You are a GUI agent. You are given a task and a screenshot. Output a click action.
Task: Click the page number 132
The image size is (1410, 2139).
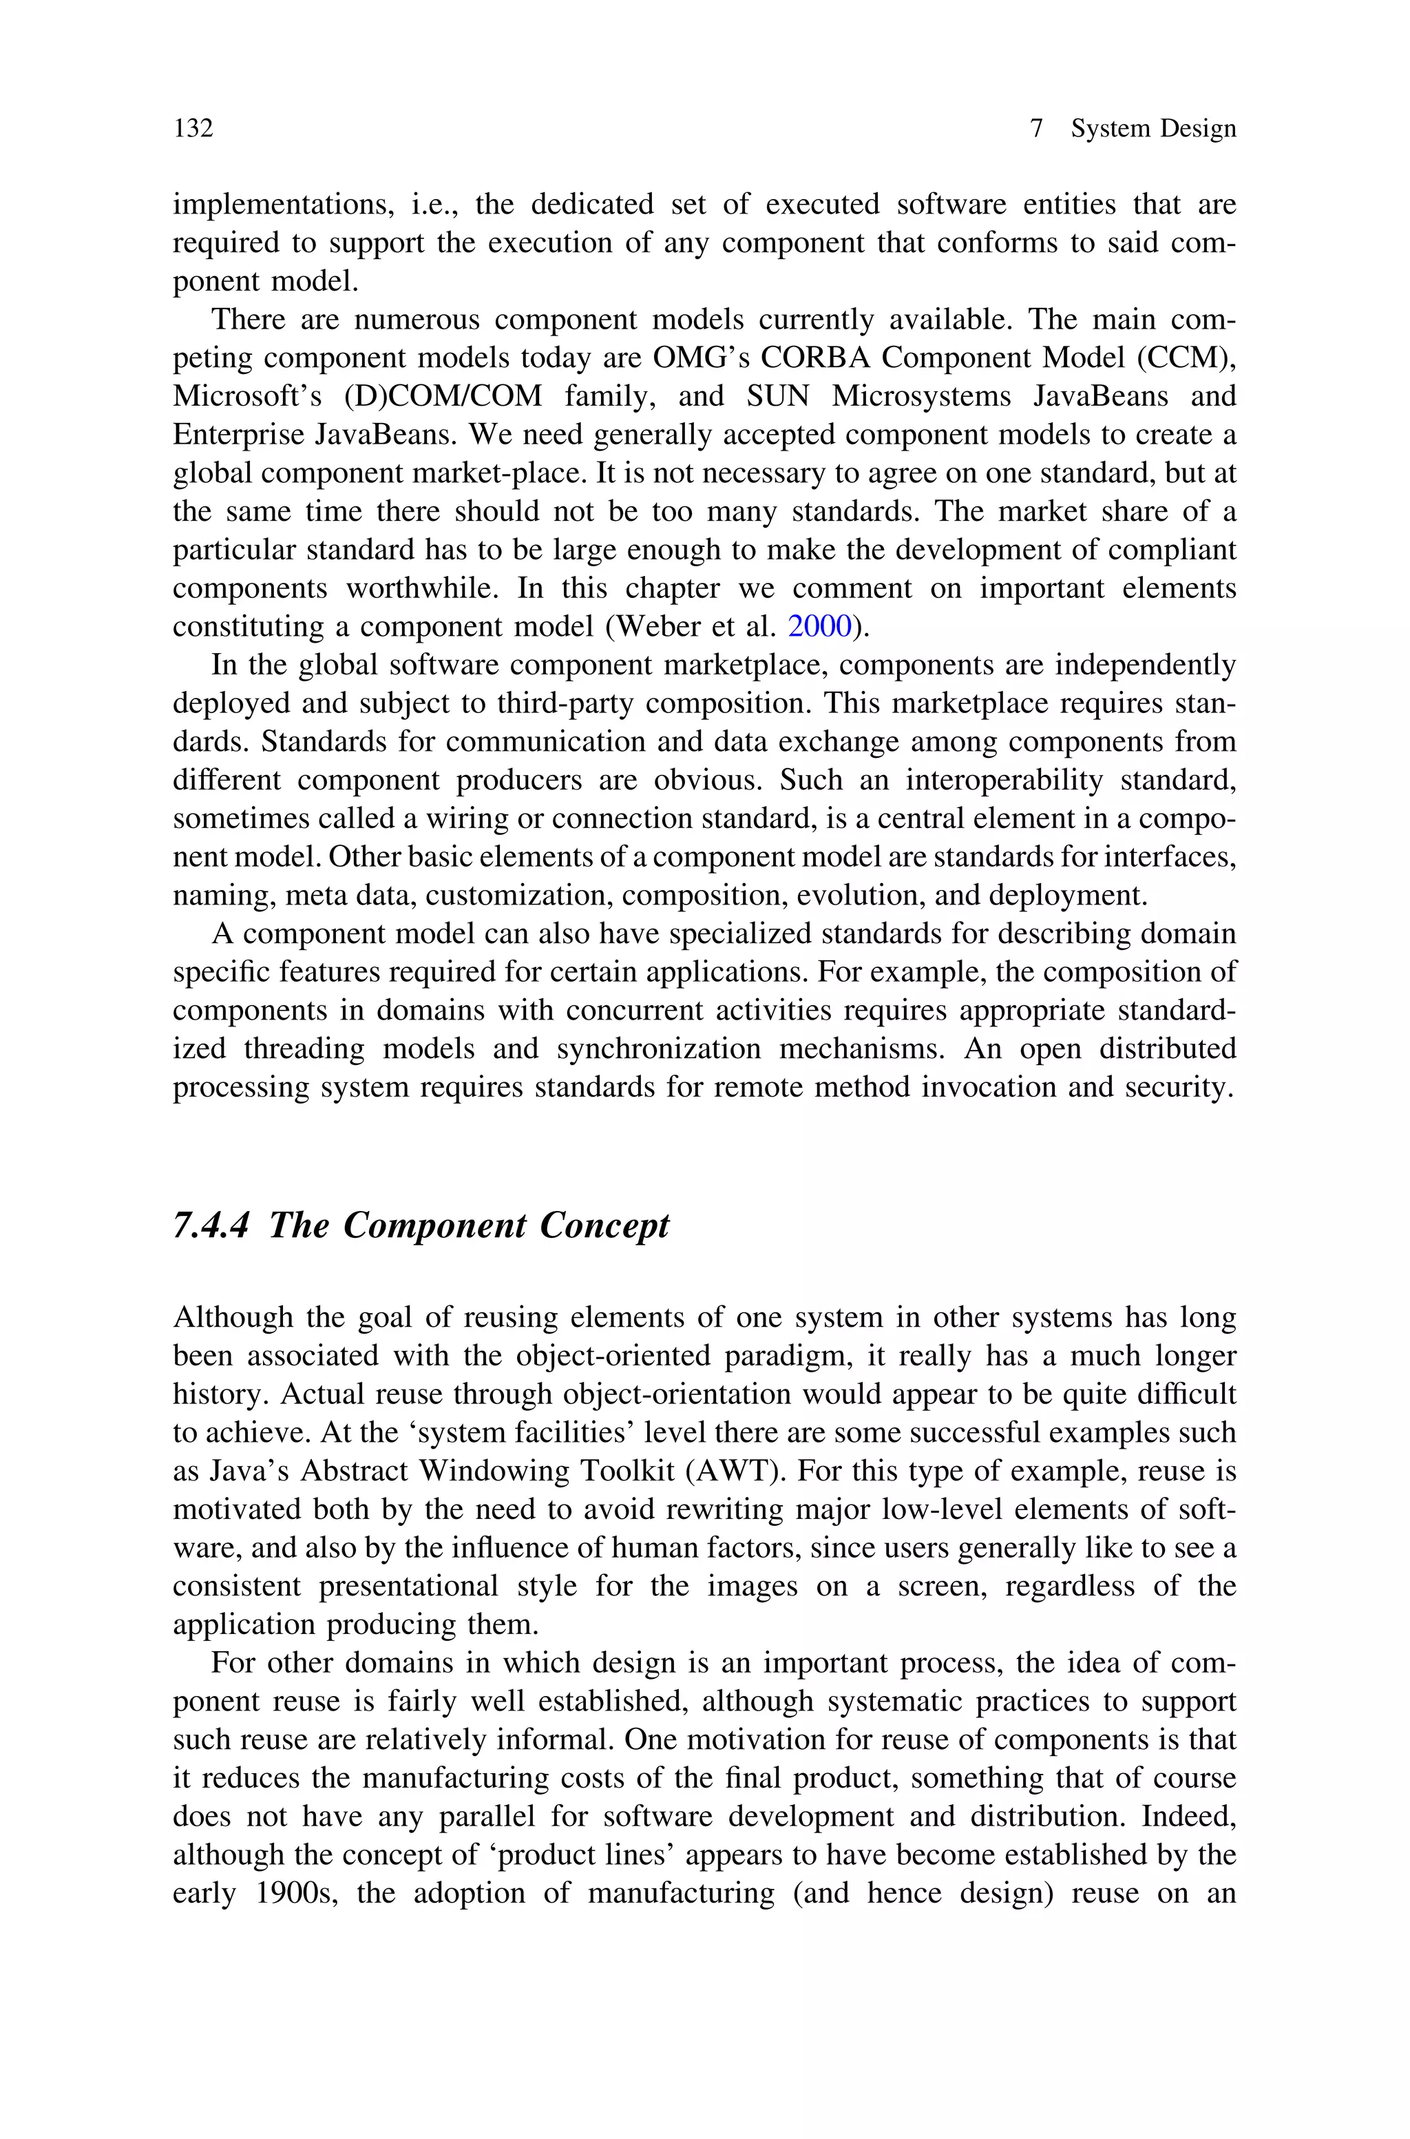point(193,129)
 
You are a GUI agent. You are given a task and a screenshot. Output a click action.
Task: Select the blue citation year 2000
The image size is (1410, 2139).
point(819,627)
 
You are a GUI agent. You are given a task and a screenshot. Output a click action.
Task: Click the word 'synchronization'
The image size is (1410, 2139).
point(658,1048)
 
